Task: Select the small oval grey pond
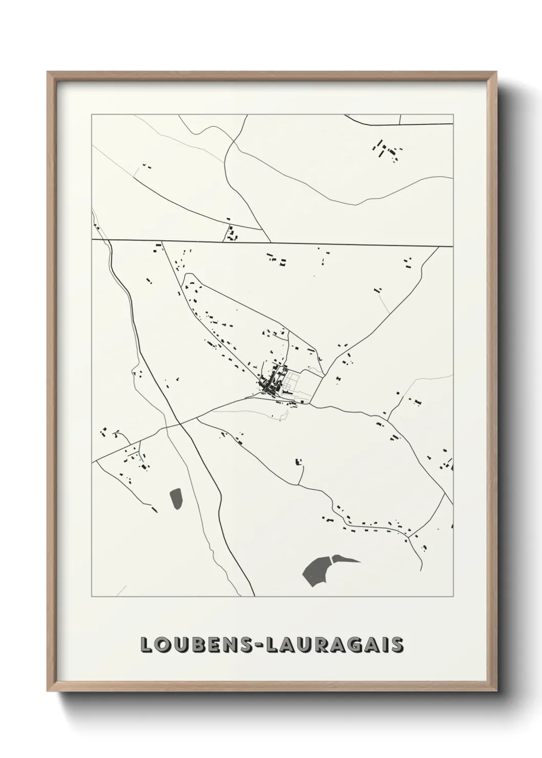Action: (176, 498)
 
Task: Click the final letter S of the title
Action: (398, 645)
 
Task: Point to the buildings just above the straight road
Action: (233, 234)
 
